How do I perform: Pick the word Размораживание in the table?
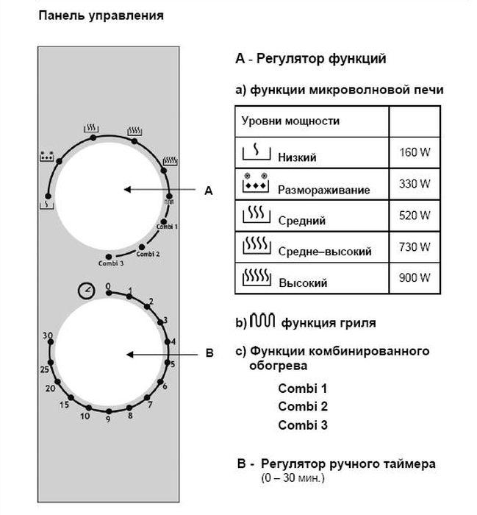pos(323,190)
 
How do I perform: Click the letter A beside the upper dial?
pos(208,191)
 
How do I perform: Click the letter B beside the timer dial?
pos(209,354)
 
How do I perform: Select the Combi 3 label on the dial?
pos(111,263)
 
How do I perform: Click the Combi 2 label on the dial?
pos(148,254)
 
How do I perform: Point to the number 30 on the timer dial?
pos(48,335)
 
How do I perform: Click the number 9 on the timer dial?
pos(108,419)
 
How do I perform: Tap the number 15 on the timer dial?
pos(64,405)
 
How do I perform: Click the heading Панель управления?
pos(100,15)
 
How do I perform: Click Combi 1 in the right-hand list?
pos(303,388)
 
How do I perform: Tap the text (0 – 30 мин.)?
pos(292,478)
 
